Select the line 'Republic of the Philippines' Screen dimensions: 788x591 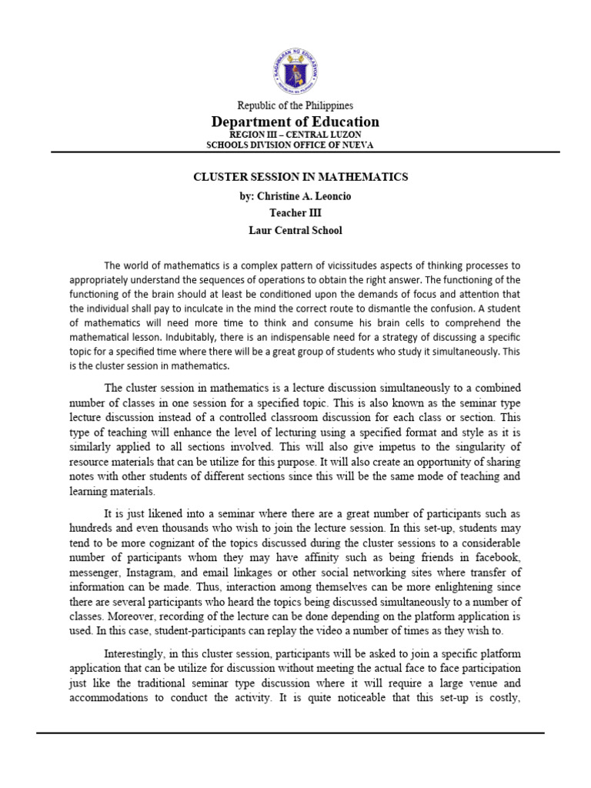(295, 105)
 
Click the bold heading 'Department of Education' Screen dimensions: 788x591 (295, 122)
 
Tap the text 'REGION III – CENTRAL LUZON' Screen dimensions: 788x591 (295, 135)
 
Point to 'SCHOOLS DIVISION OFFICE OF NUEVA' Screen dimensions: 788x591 (295, 144)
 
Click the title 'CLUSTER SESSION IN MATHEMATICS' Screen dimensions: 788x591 (300, 177)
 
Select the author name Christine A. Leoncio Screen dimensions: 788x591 (295, 196)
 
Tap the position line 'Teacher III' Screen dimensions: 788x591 (295, 213)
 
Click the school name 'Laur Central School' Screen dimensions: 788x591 (295, 230)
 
